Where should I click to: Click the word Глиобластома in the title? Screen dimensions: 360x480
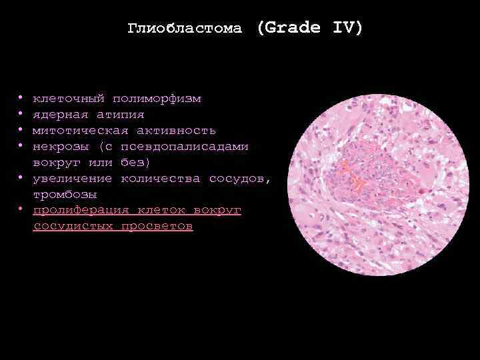coord(185,29)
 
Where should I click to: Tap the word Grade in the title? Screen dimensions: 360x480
coord(287,29)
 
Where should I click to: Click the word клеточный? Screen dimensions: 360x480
coord(69,99)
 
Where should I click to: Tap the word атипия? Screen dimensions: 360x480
coord(120,115)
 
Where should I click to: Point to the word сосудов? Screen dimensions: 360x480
coord(240,179)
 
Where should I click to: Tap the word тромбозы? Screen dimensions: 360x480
coord(65,195)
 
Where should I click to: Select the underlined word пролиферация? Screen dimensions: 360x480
coord(81,211)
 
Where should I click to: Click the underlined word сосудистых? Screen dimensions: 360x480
coord(73,227)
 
